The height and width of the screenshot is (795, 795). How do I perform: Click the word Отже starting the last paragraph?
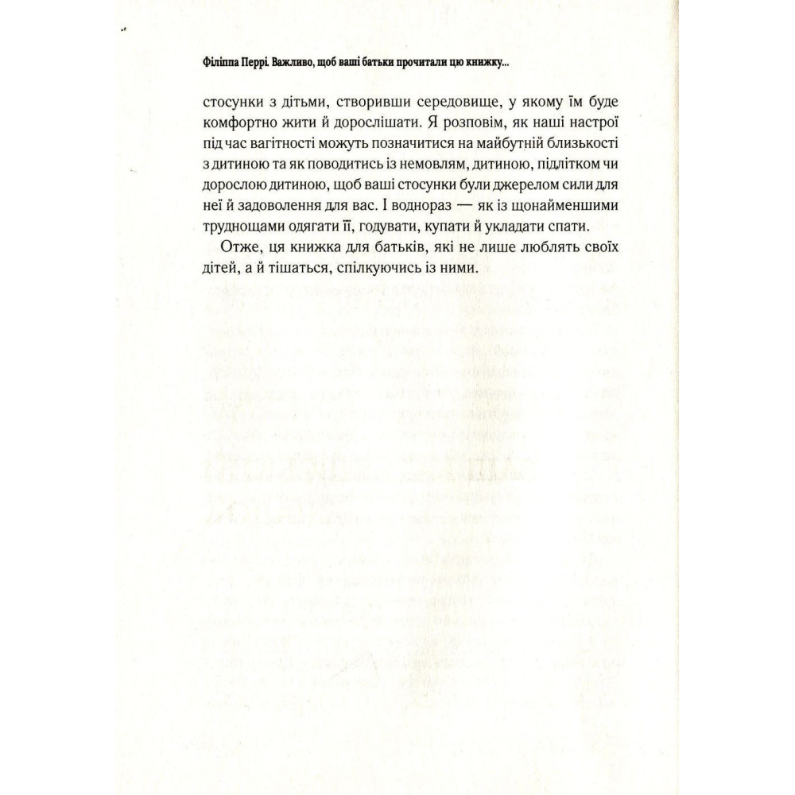pos(239,249)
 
